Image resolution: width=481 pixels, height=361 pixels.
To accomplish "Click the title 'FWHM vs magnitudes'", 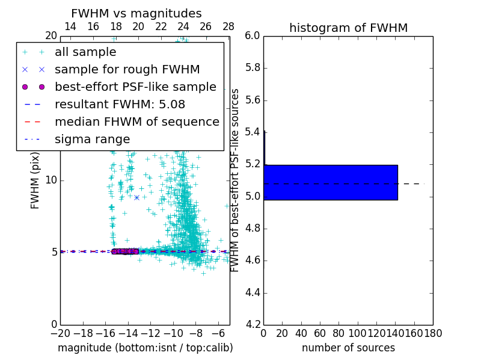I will [136, 13].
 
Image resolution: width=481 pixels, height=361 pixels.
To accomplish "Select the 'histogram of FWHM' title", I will [348, 28].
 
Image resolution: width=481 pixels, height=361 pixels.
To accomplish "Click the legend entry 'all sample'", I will [85, 52].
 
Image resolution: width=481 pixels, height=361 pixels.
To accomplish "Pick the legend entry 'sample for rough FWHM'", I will [127, 70].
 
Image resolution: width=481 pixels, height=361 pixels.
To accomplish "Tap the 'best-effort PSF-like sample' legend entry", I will [135, 87].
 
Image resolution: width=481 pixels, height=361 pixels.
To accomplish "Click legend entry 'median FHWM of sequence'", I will [136, 122].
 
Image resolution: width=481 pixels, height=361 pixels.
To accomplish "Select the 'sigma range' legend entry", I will [92, 140].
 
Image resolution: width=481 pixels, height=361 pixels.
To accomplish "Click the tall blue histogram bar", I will [330, 182].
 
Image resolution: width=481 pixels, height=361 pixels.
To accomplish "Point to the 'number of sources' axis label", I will [348, 348].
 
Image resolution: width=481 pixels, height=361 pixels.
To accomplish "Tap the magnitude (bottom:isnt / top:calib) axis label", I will [145, 348].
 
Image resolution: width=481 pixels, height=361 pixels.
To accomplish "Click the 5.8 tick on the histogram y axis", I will [253, 68].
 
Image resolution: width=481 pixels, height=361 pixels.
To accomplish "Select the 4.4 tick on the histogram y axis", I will [253, 292].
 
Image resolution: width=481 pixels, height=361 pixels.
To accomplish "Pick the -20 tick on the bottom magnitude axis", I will [60, 333].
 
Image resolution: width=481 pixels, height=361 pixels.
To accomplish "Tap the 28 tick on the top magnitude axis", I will [228, 26].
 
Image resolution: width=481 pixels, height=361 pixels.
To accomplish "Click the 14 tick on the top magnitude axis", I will [70, 26].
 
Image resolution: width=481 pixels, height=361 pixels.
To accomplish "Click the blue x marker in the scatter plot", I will [136, 197].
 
